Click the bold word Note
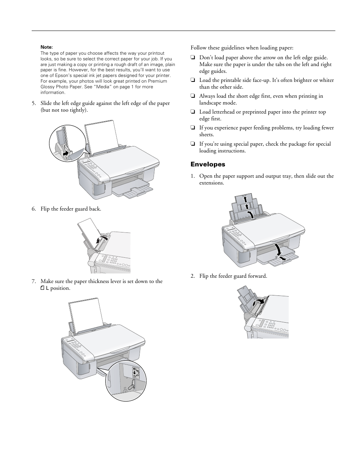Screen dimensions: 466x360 coord(46,47)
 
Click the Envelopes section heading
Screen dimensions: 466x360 coord(208,165)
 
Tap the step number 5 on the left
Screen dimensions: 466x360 coord(34,103)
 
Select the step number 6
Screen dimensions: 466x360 coord(34,209)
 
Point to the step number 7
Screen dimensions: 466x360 coord(34,281)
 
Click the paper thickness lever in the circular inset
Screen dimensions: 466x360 coord(132,385)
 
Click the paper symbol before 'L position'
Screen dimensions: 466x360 coord(42,288)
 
